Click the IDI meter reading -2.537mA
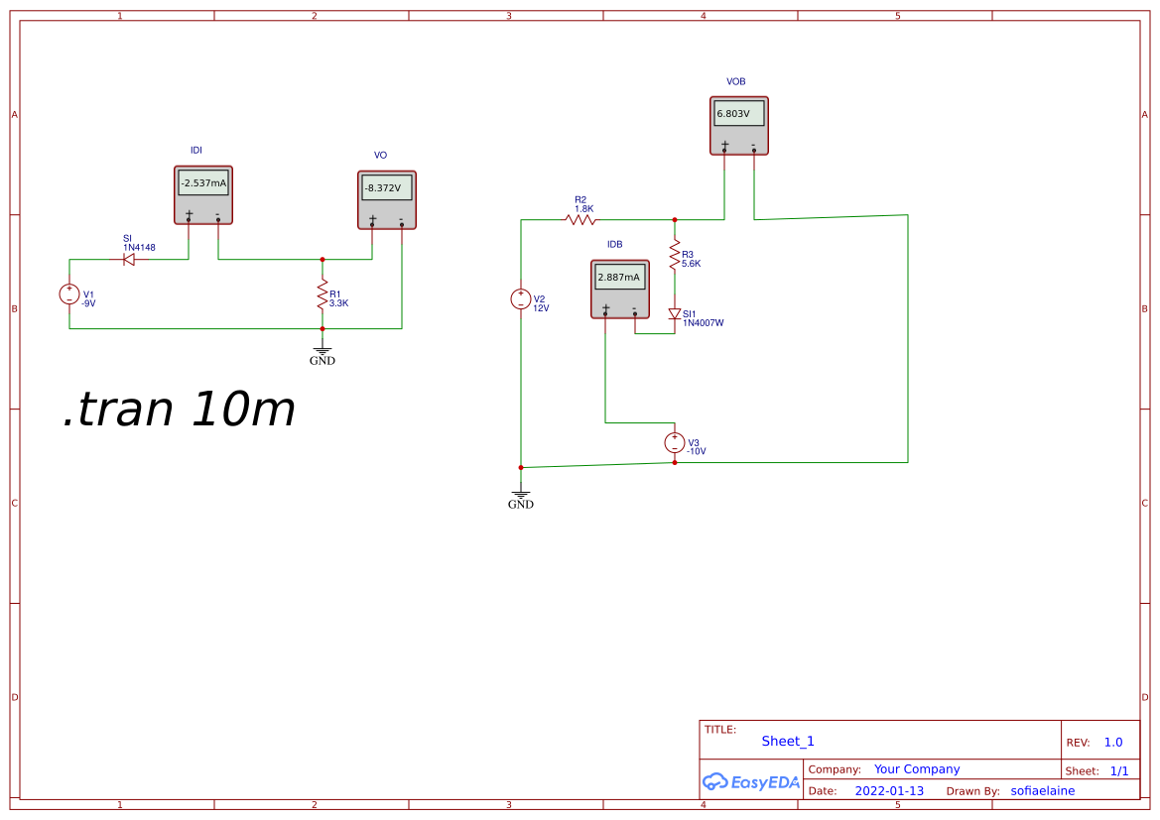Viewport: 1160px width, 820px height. (x=203, y=183)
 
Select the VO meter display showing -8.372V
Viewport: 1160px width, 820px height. (x=386, y=188)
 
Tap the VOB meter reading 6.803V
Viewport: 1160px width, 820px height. (x=739, y=113)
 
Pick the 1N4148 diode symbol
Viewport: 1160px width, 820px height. (x=129, y=260)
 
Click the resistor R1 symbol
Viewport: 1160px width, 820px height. (x=322, y=294)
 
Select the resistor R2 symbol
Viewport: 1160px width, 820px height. (x=581, y=219)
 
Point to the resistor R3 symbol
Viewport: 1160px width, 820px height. (x=675, y=254)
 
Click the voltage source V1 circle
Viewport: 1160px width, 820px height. (x=69, y=294)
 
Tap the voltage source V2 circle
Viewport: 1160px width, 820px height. (x=521, y=298)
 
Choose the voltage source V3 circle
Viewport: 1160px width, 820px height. (x=675, y=443)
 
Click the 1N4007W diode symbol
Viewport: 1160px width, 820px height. (x=675, y=314)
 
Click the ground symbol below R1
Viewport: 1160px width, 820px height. (x=322, y=351)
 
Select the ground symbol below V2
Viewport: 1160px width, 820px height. (x=521, y=495)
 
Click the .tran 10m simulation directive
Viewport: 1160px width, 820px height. (x=180, y=410)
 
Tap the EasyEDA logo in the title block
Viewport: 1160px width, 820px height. (x=751, y=781)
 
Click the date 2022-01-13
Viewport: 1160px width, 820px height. (x=889, y=791)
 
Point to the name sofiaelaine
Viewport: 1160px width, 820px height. (x=1042, y=791)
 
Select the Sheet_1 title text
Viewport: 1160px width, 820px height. (x=788, y=741)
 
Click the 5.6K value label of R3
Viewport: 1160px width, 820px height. (x=692, y=264)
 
